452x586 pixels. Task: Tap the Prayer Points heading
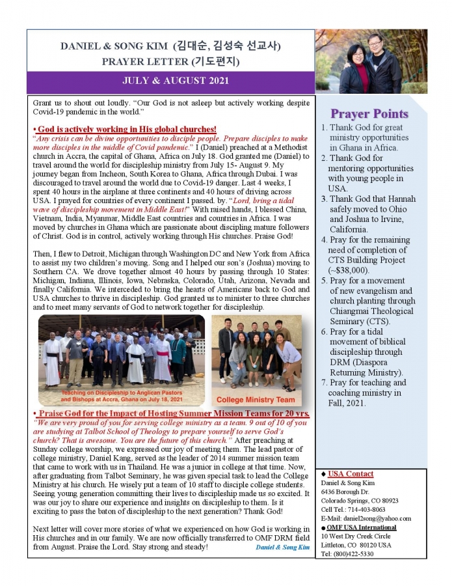(369, 114)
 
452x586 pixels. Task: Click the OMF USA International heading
(362, 527)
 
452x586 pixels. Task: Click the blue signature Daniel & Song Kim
(282, 547)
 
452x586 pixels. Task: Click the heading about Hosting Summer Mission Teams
(172, 413)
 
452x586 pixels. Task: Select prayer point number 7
(367, 393)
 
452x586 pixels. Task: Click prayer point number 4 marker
(325, 239)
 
